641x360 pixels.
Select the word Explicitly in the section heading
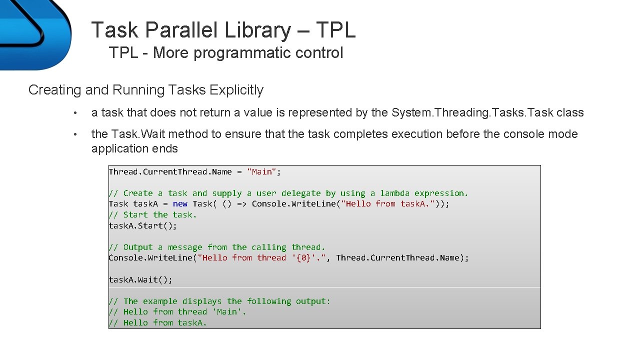(x=236, y=90)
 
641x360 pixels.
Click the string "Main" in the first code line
(x=262, y=172)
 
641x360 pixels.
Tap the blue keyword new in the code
(x=180, y=204)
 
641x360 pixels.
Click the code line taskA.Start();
(x=143, y=225)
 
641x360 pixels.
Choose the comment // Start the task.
(x=153, y=215)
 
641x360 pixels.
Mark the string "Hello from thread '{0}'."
(x=261, y=258)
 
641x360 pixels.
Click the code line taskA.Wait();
(x=140, y=279)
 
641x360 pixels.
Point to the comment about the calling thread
(x=217, y=247)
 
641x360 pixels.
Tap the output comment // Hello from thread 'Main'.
(x=177, y=312)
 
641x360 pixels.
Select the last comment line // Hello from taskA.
(x=158, y=323)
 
